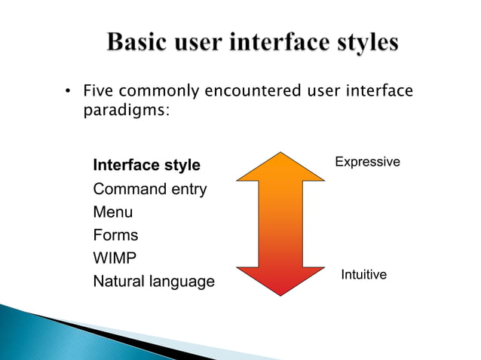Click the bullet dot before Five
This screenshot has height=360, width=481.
[x=67, y=93]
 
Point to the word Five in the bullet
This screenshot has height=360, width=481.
[x=97, y=92]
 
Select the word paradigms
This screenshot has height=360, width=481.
[x=125, y=111]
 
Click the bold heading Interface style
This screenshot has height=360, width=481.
[x=146, y=165]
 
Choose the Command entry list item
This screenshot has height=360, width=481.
[x=149, y=189]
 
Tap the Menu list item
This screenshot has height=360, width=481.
[x=112, y=212]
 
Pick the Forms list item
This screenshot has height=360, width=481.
[x=115, y=235]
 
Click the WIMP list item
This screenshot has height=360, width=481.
[x=115, y=258]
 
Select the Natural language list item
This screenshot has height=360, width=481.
[x=153, y=282]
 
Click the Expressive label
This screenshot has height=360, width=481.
[x=367, y=162]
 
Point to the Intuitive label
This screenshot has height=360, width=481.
[x=363, y=275]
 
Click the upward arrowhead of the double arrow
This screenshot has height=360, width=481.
[x=280, y=167]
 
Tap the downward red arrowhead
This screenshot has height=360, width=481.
[x=280, y=280]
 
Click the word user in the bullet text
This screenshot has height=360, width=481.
[x=323, y=92]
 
